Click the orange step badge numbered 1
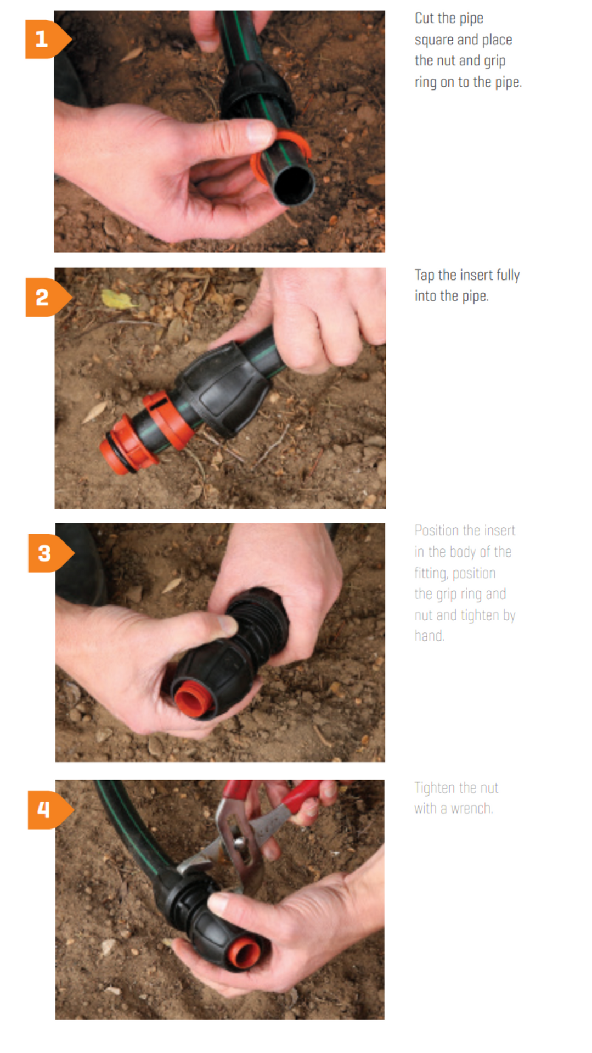coord(44,39)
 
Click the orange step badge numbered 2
coord(44,298)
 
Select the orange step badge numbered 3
coord(46,553)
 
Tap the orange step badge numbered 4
coord(46,809)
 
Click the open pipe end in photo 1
coord(294,185)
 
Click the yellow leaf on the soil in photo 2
coord(117,299)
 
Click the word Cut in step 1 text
coord(424,19)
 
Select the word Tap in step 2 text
coord(424,275)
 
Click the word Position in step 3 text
coord(437,530)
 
